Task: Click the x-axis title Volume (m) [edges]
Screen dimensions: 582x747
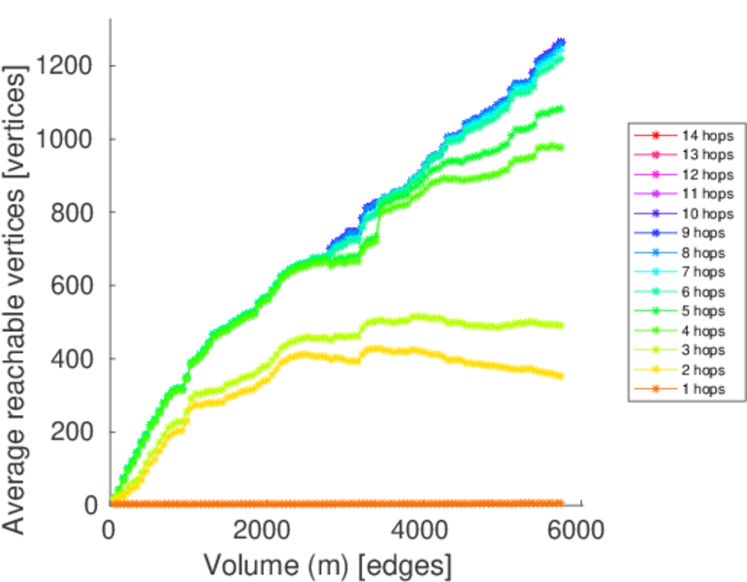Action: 327,564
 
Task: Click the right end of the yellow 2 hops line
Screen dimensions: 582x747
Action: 561,375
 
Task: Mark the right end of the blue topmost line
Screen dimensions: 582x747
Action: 561,42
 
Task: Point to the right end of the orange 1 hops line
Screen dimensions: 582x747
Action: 561,503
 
